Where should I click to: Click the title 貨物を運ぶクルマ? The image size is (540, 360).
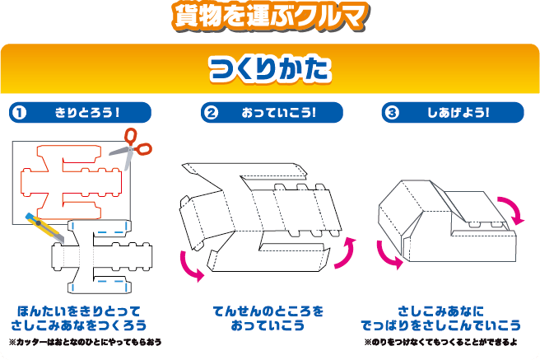point(269,16)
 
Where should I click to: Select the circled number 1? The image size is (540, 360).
point(18,112)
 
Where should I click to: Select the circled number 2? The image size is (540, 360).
point(211,112)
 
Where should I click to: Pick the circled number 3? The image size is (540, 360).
point(391,112)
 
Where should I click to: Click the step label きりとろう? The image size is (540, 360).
point(88,112)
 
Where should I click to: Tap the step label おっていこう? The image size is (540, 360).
point(280,112)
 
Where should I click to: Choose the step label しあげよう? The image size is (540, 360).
point(459,112)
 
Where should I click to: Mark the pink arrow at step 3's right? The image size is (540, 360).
point(514,209)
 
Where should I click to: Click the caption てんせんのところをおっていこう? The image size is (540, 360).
point(269,318)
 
